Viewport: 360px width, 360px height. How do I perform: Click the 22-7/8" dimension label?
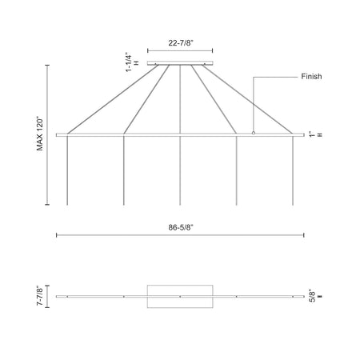coord(181,42)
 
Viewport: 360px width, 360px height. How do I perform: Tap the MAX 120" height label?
coord(40,134)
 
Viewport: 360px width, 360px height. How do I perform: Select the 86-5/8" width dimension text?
coord(181,227)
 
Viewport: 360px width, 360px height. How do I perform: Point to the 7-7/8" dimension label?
coord(40,296)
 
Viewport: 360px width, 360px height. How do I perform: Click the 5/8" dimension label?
coord(312,296)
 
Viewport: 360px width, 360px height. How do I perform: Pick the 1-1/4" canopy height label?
coord(129,62)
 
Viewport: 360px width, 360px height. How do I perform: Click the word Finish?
coord(311,77)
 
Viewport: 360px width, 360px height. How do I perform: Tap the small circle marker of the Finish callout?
coord(254,133)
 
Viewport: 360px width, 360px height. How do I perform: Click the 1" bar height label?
coord(312,134)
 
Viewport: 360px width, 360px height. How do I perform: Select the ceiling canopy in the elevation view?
coord(180,63)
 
